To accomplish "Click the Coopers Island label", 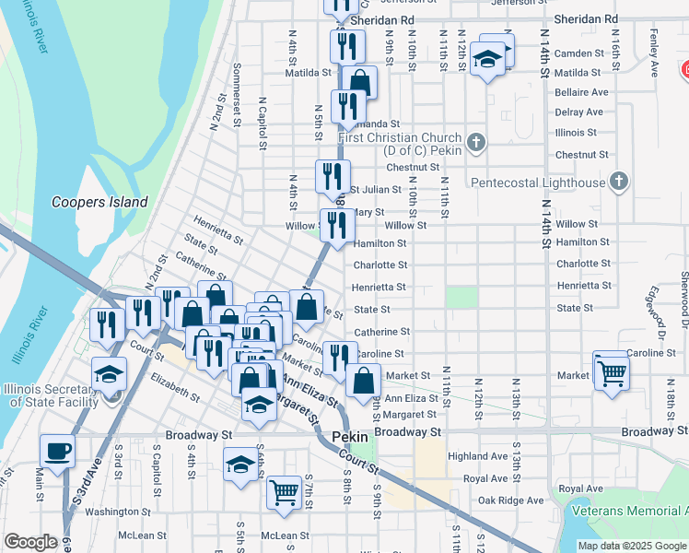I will (x=99, y=202).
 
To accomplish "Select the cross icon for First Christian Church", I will (x=475, y=143).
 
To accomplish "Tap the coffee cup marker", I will (x=57, y=453).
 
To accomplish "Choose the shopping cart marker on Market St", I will (x=610, y=373).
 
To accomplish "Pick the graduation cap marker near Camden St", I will (x=487, y=60).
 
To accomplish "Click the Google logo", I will (x=30, y=541).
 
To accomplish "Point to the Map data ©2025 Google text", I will (x=632, y=546).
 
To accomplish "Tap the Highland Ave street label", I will (x=477, y=456).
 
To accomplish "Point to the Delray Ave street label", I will (x=578, y=112).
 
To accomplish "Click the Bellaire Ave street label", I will (x=581, y=92).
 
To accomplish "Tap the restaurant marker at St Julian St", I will (x=333, y=176).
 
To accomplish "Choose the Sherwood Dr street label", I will (x=683, y=305).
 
